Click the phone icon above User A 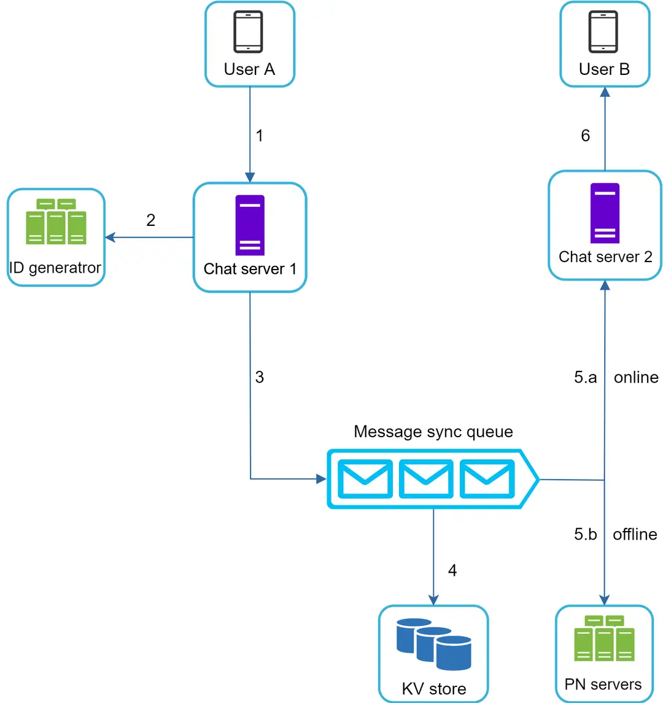pyautogui.click(x=249, y=32)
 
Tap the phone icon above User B pyautogui.click(x=603, y=32)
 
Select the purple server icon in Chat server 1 pyautogui.click(x=250, y=225)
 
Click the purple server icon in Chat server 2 pyautogui.click(x=605, y=213)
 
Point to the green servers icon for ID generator pyautogui.click(x=56, y=222)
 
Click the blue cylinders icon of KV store pyautogui.click(x=433, y=644)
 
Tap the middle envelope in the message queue pyautogui.click(x=425, y=479)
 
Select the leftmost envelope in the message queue pyautogui.click(x=365, y=479)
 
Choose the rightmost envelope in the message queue pyautogui.click(x=487, y=479)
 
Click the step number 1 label pyautogui.click(x=260, y=136)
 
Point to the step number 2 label pyautogui.click(x=151, y=220)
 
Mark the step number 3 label pyautogui.click(x=260, y=377)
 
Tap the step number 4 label pyautogui.click(x=452, y=570)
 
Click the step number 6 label pyautogui.click(x=586, y=136)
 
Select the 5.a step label pyautogui.click(x=585, y=377)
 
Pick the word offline pyautogui.click(x=635, y=534)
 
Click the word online pyautogui.click(x=636, y=377)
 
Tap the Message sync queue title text pyautogui.click(x=433, y=432)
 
